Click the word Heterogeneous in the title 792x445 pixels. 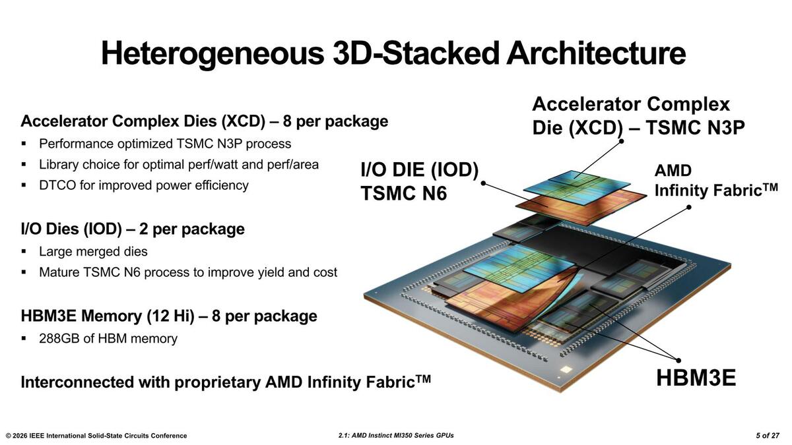point(213,54)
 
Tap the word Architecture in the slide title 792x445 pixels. point(596,53)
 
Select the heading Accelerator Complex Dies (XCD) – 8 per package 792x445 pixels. point(205,121)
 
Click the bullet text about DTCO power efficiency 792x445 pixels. point(144,185)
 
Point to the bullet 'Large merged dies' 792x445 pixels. point(93,251)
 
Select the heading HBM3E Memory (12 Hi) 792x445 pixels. point(108,316)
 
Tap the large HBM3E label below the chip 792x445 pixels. point(696,378)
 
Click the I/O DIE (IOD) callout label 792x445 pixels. point(419,169)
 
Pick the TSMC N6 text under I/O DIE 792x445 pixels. point(404,193)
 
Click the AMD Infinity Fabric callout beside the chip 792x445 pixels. point(716,181)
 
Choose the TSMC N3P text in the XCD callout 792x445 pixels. point(696,127)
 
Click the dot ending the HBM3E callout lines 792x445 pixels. point(678,360)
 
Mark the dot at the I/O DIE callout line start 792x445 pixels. point(483,183)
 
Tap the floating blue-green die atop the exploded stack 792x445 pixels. point(576,187)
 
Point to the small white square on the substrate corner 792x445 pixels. point(566,370)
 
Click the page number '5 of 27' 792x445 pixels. point(768,436)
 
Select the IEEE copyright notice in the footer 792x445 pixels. point(96,436)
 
